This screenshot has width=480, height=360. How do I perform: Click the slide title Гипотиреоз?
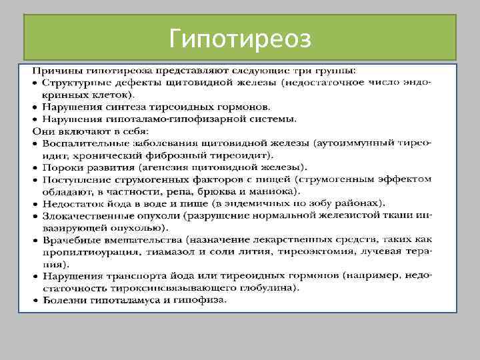click(240, 39)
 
